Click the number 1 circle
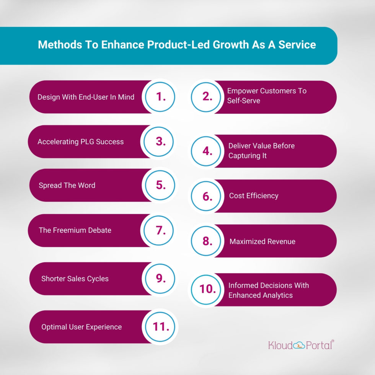click(160, 97)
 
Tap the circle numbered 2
click(207, 97)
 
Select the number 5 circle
click(160, 185)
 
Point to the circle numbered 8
click(207, 241)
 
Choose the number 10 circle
click(207, 289)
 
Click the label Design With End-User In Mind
click(86, 97)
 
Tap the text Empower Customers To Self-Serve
click(267, 96)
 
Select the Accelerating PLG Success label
click(80, 142)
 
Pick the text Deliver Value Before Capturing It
click(261, 151)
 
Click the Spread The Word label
click(67, 185)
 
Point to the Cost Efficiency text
click(254, 196)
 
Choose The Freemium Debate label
click(75, 230)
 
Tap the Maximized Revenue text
click(262, 241)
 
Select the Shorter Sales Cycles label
click(75, 279)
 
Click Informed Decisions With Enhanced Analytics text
click(268, 290)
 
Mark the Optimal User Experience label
click(82, 327)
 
